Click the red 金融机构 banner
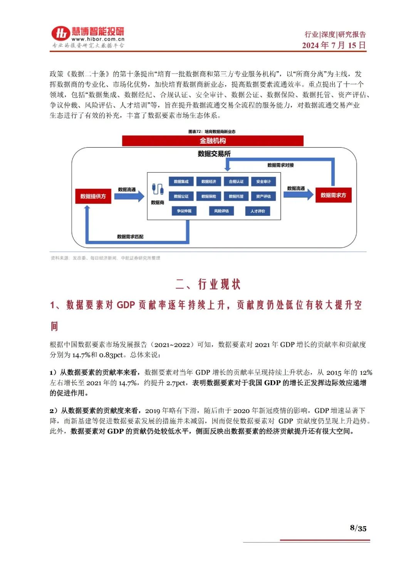click(x=213, y=141)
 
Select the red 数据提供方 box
click(x=93, y=196)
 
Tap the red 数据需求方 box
click(x=333, y=195)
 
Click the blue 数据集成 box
click(x=181, y=181)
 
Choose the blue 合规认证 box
click(x=236, y=181)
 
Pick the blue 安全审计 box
click(x=263, y=181)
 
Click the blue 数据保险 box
click(x=209, y=196)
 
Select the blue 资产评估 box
click(x=263, y=196)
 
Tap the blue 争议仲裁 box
click(x=184, y=211)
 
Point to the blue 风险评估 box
click(x=221, y=211)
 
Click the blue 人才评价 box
click(x=258, y=211)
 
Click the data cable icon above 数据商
click(x=158, y=189)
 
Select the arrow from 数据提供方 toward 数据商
click(x=129, y=196)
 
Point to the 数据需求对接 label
click(x=280, y=165)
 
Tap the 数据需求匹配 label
click(x=130, y=237)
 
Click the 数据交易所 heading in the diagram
click(x=214, y=154)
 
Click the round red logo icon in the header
click(x=60, y=34)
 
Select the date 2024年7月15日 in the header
click(x=334, y=45)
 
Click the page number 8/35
click(x=358, y=528)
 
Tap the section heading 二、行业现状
click(x=208, y=284)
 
